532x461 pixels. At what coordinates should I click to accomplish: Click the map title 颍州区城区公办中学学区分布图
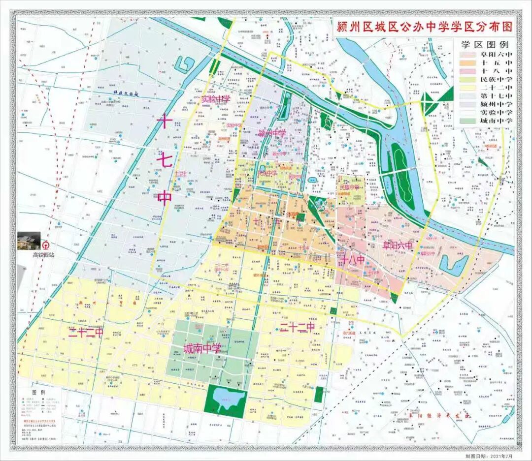tap(424, 27)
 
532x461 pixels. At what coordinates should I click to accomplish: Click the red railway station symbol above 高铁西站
tap(45, 245)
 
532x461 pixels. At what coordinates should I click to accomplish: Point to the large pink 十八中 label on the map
tap(352, 260)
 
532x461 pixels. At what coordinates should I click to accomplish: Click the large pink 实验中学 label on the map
tap(216, 99)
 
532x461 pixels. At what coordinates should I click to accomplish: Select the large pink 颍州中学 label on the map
tap(272, 133)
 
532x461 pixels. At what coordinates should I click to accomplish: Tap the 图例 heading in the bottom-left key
tap(38, 392)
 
